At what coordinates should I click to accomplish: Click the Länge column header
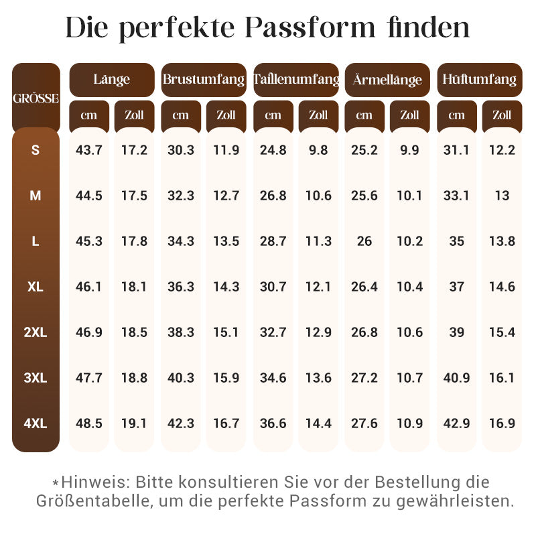[x=111, y=79]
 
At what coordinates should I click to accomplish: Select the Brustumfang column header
[x=203, y=79]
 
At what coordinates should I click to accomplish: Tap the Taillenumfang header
[x=295, y=79]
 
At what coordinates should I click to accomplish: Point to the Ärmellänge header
[x=387, y=80]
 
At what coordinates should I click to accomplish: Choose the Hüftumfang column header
[x=479, y=79]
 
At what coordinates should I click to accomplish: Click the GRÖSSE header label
[x=36, y=98]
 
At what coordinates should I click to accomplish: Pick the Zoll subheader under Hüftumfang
[x=502, y=115]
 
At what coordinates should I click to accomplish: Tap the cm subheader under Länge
[x=88, y=115]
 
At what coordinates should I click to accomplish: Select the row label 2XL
[x=36, y=332]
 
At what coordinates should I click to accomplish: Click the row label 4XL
[x=36, y=423]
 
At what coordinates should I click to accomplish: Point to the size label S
[x=36, y=150]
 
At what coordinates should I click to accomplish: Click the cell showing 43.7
[x=88, y=150]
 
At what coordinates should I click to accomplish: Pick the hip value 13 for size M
[x=502, y=196]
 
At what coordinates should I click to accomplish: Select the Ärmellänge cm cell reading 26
[x=364, y=241]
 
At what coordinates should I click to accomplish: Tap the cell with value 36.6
[x=273, y=423]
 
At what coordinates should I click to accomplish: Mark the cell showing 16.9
[x=502, y=423]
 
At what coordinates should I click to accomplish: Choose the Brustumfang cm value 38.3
[x=181, y=332]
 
